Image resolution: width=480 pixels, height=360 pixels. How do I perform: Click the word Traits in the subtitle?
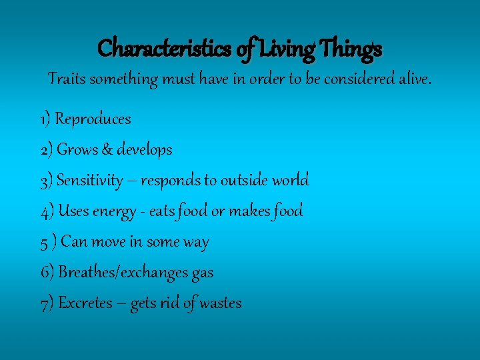pyautogui.click(x=65, y=79)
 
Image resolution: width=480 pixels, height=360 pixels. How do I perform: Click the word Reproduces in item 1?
pyautogui.click(x=93, y=119)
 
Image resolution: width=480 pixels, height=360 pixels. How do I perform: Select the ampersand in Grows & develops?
pyautogui.click(x=107, y=150)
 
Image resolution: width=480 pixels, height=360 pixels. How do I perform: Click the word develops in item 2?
pyautogui.click(x=144, y=150)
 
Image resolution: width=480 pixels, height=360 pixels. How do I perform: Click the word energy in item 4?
pyautogui.click(x=115, y=211)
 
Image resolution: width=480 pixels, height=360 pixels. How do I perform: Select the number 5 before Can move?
pyautogui.click(x=44, y=242)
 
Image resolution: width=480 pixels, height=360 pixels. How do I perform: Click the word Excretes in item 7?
pyautogui.click(x=85, y=303)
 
